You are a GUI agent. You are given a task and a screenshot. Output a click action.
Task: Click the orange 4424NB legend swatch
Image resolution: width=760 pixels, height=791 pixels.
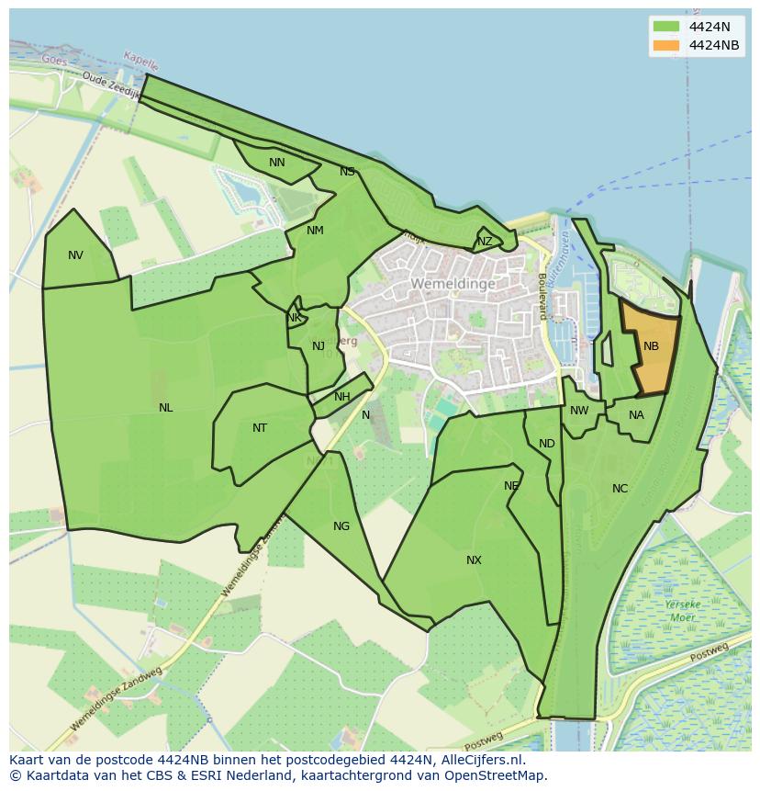(x=666, y=45)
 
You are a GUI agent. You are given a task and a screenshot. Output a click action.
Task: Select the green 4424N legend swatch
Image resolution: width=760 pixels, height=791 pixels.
(x=666, y=27)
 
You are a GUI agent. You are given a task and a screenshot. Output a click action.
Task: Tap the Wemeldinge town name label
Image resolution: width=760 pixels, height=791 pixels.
(x=453, y=284)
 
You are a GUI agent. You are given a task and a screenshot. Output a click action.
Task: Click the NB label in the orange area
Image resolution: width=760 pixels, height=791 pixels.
(x=651, y=346)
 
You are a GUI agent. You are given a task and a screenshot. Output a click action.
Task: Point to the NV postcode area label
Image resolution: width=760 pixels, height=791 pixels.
(x=75, y=255)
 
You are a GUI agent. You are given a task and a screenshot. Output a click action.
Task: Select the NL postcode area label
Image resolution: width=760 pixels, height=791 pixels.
(x=165, y=408)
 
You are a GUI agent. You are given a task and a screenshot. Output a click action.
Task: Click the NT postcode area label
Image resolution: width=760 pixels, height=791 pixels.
(x=260, y=428)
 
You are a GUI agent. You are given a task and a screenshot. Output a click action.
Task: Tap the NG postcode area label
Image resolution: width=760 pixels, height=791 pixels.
(x=341, y=526)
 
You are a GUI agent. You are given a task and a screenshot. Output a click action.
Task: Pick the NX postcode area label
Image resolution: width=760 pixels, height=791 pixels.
(x=474, y=560)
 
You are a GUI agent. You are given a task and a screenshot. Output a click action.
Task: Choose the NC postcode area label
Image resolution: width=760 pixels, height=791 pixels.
(x=620, y=489)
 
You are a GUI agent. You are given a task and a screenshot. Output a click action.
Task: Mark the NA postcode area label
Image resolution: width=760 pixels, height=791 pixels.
(x=636, y=415)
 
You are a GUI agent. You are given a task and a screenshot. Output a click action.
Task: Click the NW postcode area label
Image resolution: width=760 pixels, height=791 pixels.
(x=579, y=411)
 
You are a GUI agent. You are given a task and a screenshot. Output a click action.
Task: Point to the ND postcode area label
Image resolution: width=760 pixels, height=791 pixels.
(x=547, y=444)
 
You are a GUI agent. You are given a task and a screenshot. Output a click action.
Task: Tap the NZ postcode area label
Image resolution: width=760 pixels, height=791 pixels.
(x=485, y=242)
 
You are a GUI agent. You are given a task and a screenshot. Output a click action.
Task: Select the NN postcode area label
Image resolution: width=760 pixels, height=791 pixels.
(x=276, y=163)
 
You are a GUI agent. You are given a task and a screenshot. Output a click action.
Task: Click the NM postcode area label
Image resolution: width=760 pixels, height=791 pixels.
(x=315, y=231)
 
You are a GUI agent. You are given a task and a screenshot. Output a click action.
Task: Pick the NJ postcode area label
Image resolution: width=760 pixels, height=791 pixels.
(x=319, y=346)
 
